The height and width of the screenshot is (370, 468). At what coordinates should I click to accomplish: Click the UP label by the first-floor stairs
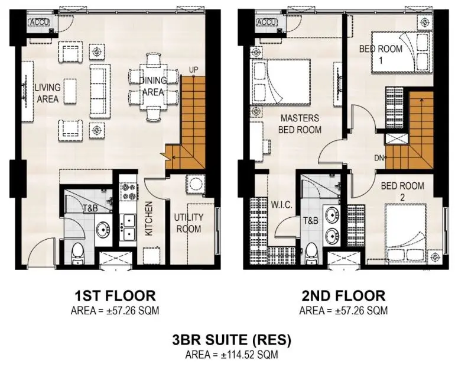pyautogui.click(x=193, y=70)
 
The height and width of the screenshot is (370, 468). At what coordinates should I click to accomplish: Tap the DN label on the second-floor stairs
pyautogui.click(x=378, y=157)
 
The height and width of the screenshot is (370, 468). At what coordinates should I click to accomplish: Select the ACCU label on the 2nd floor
pyautogui.click(x=267, y=22)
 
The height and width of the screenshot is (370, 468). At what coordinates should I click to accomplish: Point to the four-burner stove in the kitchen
pyautogui.click(x=129, y=192)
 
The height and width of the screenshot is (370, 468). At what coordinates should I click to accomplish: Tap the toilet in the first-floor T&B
pyautogui.click(x=78, y=253)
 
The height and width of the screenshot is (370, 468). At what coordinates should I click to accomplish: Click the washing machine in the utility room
pyautogui.click(x=196, y=184)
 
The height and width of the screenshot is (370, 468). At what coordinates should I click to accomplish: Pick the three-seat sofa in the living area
pyautogui.click(x=100, y=91)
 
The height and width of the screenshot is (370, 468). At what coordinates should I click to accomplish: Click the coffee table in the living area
pyautogui.click(x=70, y=91)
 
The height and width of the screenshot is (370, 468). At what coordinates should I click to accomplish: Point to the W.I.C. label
pyautogui.click(x=281, y=205)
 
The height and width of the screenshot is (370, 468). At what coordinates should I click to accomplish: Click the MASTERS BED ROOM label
pyautogui.click(x=300, y=124)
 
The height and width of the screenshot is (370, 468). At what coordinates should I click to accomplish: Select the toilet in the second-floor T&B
pyautogui.click(x=312, y=253)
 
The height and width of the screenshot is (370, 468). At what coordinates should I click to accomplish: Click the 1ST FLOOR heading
pyautogui.click(x=115, y=295)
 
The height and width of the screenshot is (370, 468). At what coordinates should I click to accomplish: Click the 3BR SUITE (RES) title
pyautogui.click(x=231, y=340)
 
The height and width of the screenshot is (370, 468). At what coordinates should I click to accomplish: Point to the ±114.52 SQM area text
pyautogui.click(x=249, y=355)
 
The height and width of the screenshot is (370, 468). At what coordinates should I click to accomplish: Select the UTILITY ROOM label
pyautogui.click(x=188, y=223)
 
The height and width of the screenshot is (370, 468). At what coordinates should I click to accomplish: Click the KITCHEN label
pyautogui.click(x=148, y=218)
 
